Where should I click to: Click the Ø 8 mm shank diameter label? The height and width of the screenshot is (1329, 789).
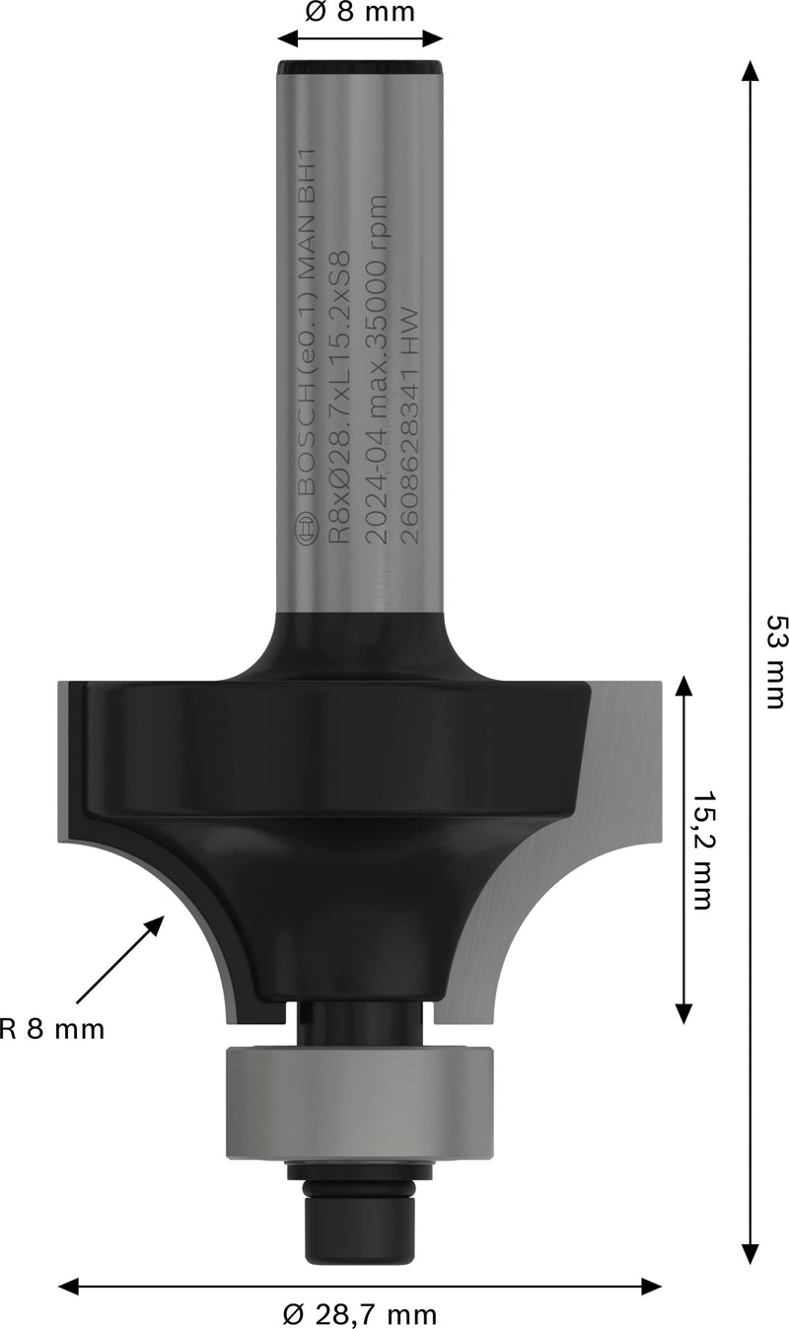click(x=360, y=12)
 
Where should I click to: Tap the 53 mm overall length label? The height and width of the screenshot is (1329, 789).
click(x=776, y=662)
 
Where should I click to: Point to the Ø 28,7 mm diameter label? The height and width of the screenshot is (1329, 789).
click(x=359, y=1313)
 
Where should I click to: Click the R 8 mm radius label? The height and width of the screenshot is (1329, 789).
click(x=52, y=1029)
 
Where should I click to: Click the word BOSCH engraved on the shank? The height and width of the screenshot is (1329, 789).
click(x=307, y=439)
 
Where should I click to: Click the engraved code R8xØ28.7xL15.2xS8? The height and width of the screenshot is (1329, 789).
click(x=339, y=395)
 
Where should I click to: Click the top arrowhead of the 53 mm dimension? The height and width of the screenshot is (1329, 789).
click(x=751, y=71)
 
